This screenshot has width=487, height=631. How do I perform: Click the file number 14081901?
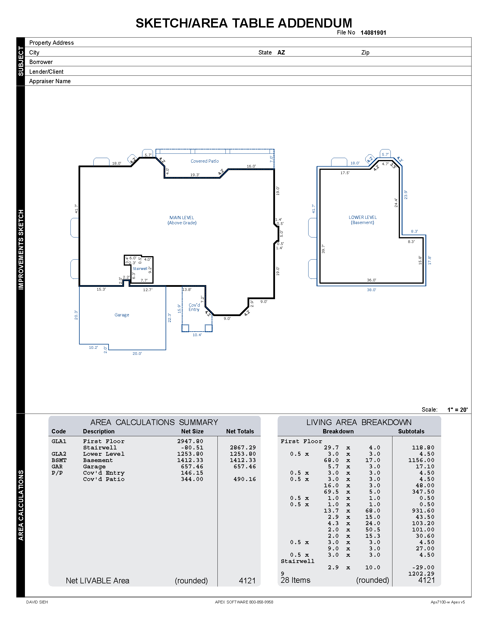(x=373, y=33)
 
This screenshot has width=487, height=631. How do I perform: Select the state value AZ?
(x=281, y=52)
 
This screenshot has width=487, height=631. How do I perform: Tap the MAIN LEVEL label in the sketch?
(x=182, y=218)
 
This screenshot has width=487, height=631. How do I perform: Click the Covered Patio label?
(x=205, y=161)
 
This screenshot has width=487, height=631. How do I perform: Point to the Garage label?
(x=122, y=315)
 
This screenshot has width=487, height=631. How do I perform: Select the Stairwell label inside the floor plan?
(x=140, y=269)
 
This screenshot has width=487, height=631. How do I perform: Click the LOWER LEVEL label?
(x=363, y=217)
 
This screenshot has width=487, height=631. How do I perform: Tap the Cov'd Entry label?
(x=194, y=307)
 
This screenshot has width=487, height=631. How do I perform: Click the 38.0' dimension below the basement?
(x=371, y=290)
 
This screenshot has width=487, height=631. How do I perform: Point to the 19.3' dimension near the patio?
(x=195, y=175)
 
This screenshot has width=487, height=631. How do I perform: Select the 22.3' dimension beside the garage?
(x=169, y=318)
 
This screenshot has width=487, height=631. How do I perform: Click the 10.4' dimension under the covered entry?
(x=197, y=335)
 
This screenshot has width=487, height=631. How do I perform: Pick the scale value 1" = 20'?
(x=457, y=410)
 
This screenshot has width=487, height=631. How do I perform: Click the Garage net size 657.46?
(x=192, y=467)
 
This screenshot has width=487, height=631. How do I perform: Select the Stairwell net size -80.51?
(x=192, y=447)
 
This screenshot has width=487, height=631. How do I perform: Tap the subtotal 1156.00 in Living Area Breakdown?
(x=421, y=460)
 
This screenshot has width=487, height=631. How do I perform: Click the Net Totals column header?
(x=240, y=431)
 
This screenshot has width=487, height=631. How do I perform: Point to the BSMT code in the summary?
(x=59, y=460)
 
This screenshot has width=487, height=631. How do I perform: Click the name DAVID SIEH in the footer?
(x=37, y=602)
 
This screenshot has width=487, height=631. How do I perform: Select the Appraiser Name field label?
(x=50, y=81)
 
